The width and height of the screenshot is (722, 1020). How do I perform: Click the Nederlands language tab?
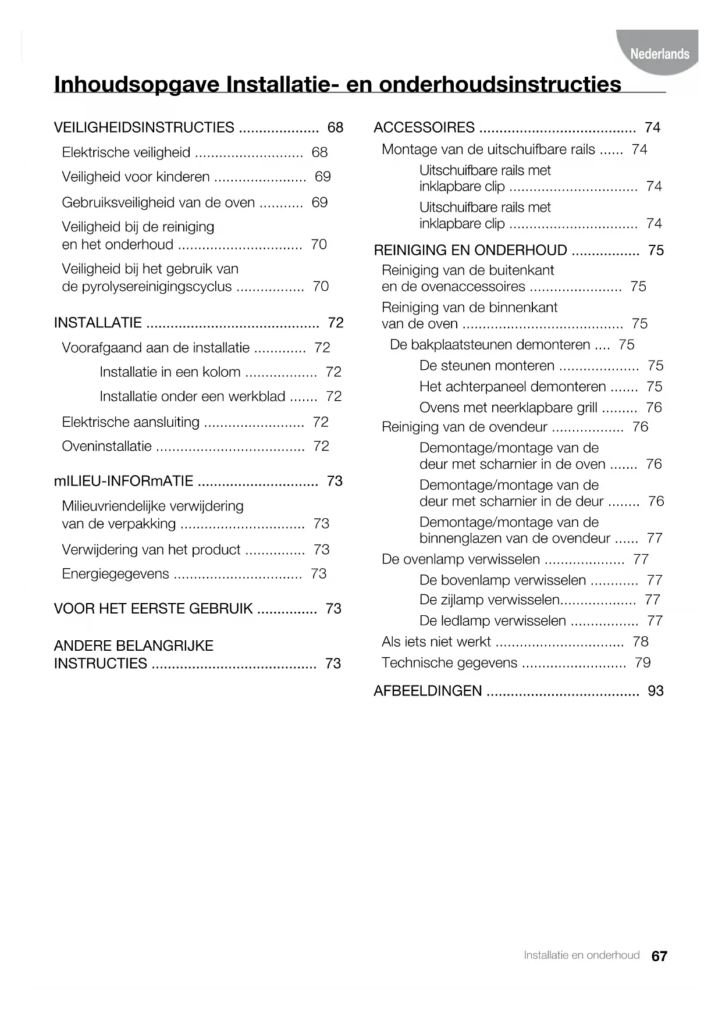click(659, 54)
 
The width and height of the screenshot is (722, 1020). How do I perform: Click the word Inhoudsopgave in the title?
click(137, 84)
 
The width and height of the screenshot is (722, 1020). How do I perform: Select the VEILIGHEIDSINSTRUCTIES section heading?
click(144, 127)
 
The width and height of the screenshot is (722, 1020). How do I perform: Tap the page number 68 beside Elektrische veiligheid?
click(319, 152)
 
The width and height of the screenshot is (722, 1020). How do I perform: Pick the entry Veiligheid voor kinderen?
click(136, 177)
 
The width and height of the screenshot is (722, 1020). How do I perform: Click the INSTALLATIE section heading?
click(98, 323)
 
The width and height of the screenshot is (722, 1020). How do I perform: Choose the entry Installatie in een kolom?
click(170, 372)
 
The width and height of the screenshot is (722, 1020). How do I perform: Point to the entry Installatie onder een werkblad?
click(192, 397)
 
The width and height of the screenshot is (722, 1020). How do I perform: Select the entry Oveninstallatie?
click(106, 447)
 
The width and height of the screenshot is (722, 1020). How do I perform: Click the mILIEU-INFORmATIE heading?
click(123, 481)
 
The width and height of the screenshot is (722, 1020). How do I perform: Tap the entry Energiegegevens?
click(115, 574)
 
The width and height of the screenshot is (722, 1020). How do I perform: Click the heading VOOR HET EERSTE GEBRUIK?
click(153, 609)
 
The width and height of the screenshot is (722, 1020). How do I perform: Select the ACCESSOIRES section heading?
click(424, 127)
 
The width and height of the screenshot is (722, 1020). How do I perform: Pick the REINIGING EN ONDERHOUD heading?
click(470, 250)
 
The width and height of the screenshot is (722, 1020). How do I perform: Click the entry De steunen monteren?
click(486, 366)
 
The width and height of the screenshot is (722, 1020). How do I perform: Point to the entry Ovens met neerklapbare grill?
click(508, 408)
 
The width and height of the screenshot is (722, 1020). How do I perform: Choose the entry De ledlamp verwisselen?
click(492, 621)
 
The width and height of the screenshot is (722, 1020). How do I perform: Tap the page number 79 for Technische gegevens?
click(642, 663)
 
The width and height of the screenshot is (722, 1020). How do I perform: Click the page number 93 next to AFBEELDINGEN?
click(655, 691)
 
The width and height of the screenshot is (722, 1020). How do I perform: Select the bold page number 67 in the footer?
click(659, 956)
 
